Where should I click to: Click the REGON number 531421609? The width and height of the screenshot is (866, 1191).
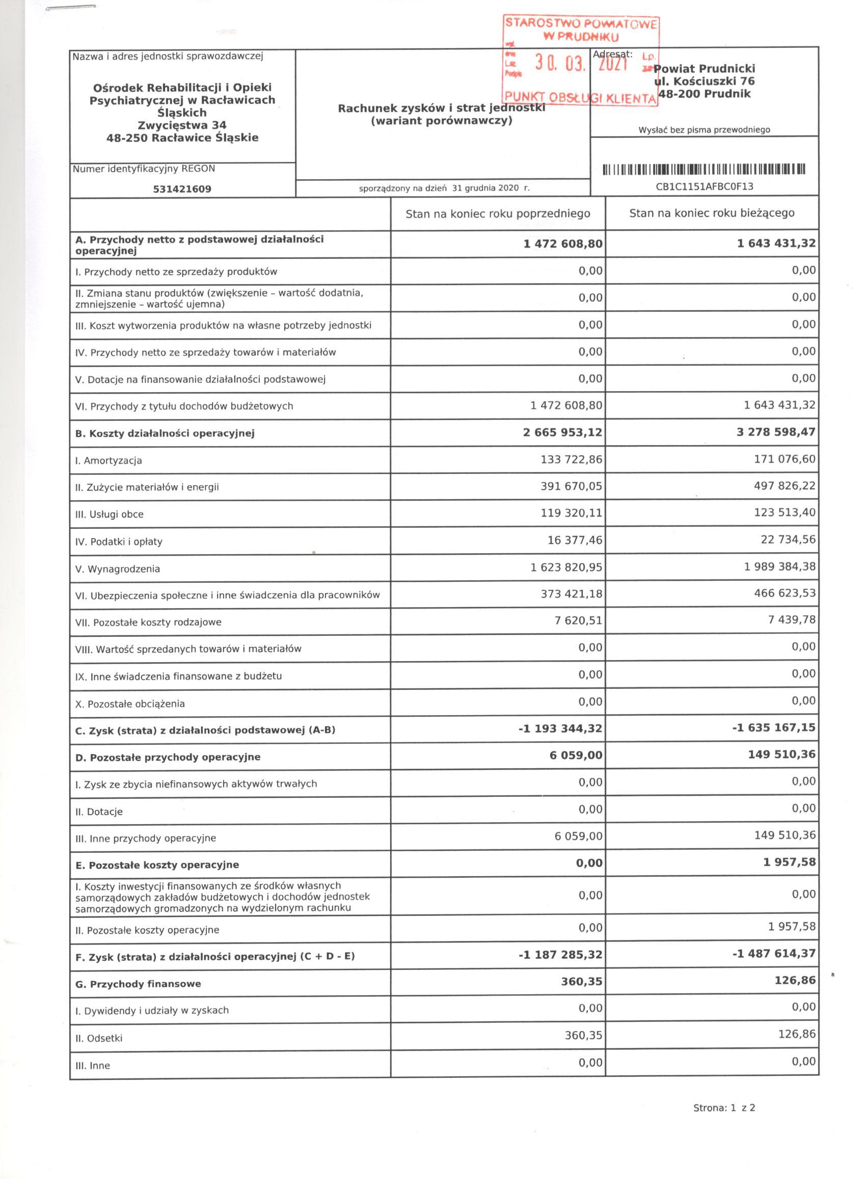point(182,189)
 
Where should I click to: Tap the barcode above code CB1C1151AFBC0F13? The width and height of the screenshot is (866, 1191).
point(703,170)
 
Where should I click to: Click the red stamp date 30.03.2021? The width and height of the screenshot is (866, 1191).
point(581,64)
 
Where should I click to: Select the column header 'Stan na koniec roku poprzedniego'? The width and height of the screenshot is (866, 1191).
point(497,214)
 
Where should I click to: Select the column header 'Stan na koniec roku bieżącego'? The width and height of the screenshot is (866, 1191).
point(712,213)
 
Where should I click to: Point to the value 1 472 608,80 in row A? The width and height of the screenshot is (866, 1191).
point(562,244)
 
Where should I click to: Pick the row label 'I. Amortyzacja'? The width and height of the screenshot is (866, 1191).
point(109,461)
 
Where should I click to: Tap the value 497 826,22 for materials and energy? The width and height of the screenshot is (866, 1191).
point(784,486)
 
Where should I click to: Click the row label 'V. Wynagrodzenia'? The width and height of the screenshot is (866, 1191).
point(118,569)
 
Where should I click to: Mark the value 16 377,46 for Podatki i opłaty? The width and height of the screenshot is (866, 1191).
point(575,540)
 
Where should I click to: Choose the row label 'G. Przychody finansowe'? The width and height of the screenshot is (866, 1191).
point(138,984)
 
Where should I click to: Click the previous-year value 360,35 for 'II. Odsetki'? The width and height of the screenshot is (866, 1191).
point(583,1036)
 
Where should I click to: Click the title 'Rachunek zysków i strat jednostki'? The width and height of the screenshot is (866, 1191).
point(441,109)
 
